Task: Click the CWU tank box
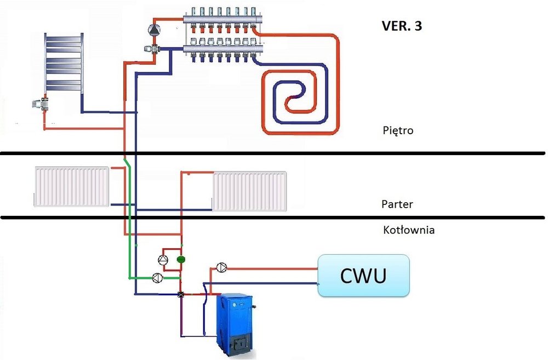[364, 276]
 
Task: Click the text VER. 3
[401, 26]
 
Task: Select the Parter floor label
[397, 204]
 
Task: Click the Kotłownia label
[409, 230]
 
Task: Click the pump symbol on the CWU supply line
[221, 267]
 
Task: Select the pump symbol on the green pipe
[157, 277]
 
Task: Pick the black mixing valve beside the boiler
[181, 295]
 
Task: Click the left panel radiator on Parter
[71, 187]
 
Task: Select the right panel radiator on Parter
[250, 191]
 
